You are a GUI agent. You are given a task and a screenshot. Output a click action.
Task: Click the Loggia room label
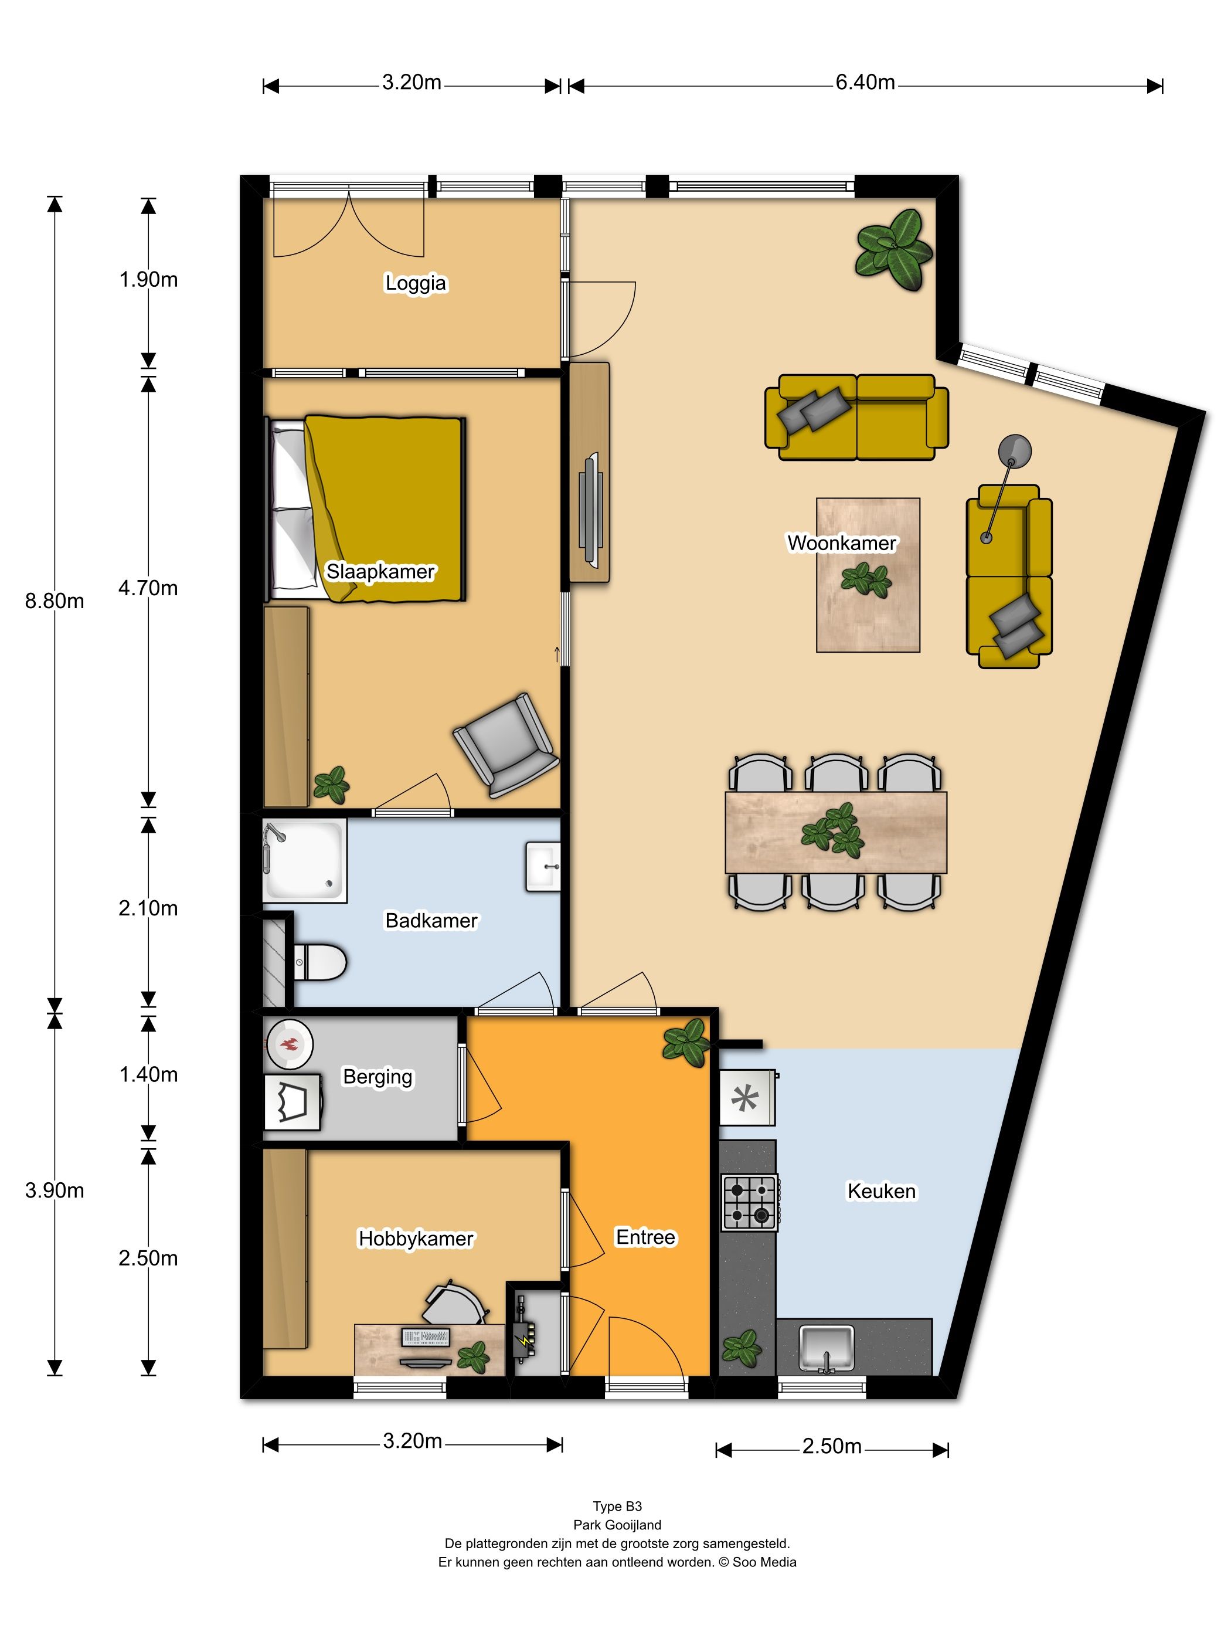[416, 283]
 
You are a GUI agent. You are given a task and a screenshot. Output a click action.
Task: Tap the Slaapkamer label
[380, 572]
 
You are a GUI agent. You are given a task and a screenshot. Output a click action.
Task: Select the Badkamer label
[431, 921]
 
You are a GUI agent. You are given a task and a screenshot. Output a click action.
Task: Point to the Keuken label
[882, 1192]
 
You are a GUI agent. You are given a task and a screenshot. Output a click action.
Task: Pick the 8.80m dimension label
[54, 601]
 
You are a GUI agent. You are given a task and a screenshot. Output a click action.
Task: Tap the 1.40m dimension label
[148, 1074]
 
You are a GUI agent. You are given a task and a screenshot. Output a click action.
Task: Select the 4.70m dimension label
[148, 588]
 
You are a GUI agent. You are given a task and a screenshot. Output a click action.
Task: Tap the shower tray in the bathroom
[305, 860]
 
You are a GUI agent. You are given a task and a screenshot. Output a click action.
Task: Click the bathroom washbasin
[543, 866]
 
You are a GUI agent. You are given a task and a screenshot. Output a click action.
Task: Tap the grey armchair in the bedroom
[506, 745]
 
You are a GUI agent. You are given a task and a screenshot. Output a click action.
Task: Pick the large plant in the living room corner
[894, 249]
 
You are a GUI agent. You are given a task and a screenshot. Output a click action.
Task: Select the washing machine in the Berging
[293, 1101]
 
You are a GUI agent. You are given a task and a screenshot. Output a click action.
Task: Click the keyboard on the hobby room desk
[426, 1337]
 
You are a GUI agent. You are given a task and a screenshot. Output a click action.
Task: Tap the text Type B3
[617, 1506]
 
